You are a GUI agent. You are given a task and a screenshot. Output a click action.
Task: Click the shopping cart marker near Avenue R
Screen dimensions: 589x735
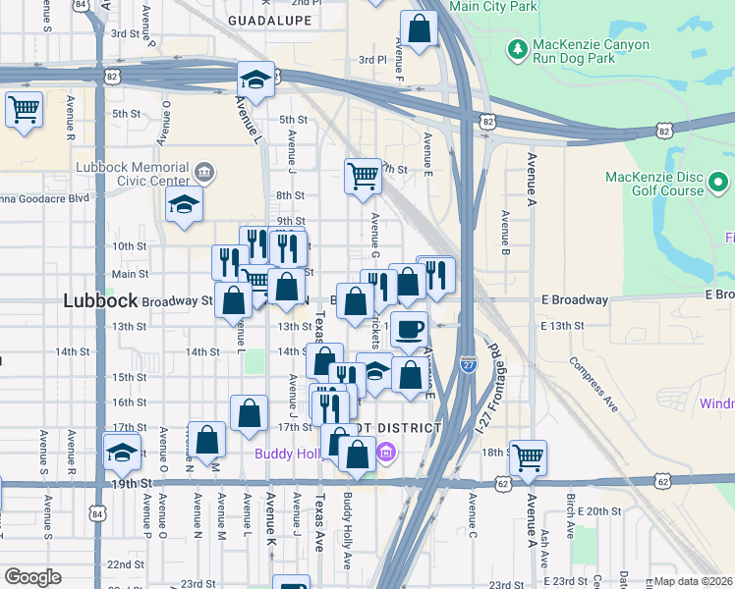click(24, 110)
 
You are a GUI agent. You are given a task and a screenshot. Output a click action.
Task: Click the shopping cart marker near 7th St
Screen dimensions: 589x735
click(363, 176)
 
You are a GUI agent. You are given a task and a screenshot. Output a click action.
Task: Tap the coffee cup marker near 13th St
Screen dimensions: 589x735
click(410, 328)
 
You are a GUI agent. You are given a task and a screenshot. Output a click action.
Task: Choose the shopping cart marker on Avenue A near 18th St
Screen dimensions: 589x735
click(528, 456)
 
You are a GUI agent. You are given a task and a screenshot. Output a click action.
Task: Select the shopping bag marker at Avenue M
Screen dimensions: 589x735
click(206, 441)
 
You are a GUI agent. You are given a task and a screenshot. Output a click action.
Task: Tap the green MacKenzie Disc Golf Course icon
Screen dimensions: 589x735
click(718, 182)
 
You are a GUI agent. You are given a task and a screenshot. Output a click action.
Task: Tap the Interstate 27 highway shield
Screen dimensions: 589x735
click(469, 363)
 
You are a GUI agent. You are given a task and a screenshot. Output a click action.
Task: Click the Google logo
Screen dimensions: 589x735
click(32, 576)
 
